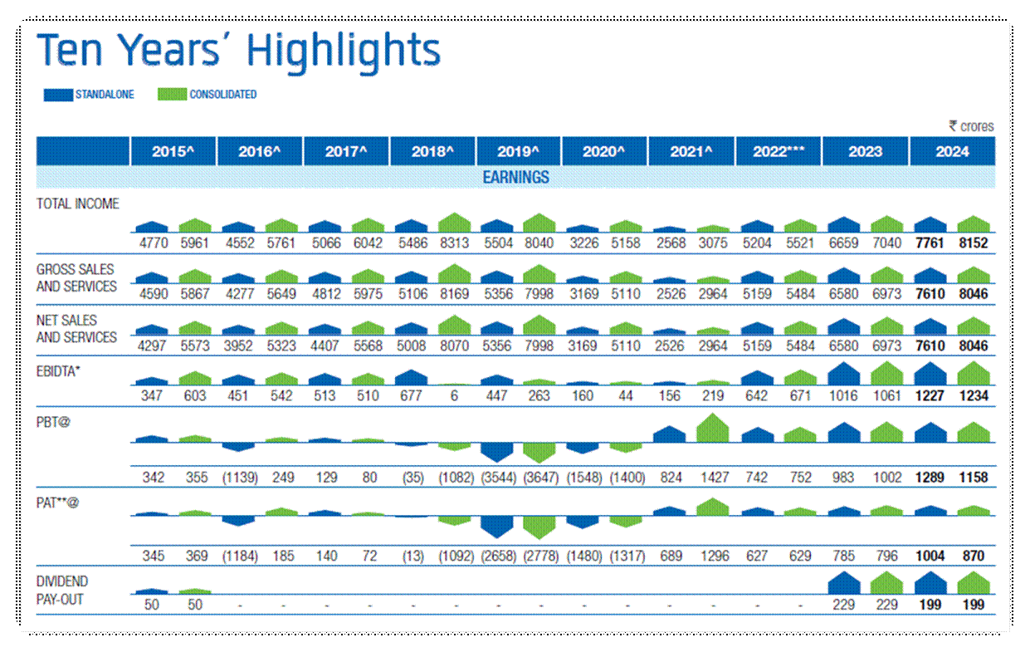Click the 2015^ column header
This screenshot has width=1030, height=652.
(x=173, y=152)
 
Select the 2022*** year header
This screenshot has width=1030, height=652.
(x=779, y=152)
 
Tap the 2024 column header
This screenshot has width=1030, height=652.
(x=951, y=152)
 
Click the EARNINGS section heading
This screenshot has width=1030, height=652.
(x=515, y=177)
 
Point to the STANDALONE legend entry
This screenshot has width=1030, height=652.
(x=89, y=95)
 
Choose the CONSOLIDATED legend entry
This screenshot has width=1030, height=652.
(x=207, y=95)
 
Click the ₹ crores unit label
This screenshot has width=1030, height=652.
(x=971, y=126)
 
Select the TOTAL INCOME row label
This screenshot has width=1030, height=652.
(x=78, y=203)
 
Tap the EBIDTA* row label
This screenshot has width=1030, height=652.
(x=58, y=370)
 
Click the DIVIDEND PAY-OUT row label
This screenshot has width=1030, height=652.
(x=62, y=590)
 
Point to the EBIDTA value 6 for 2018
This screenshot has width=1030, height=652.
(x=454, y=395)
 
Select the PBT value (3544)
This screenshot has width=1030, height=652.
(x=497, y=478)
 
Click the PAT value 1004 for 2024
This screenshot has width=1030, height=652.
(x=930, y=556)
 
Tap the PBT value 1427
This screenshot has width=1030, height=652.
(x=714, y=478)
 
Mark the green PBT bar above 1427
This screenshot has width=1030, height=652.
(x=713, y=429)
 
